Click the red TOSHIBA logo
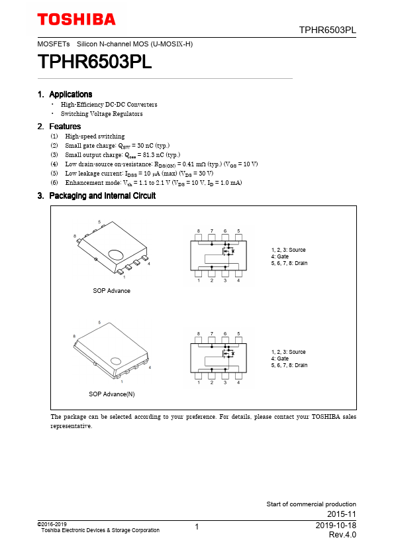pyautogui.click(x=76, y=19)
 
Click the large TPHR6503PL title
pyautogui.click(x=95, y=62)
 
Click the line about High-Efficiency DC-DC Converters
pyautogui.click(x=109, y=104)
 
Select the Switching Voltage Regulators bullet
pyautogui.click(x=102, y=113)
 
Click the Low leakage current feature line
pyautogui.click(x=139, y=174)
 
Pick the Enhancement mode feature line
pyautogui.click(x=153, y=182)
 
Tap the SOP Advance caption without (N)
pyautogui.click(x=112, y=291)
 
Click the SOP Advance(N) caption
pyautogui.click(x=112, y=394)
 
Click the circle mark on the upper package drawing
pyautogui.click(x=116, y=254)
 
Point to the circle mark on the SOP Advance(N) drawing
pyautogui.click(x=116, y=361)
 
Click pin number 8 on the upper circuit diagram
pyautogui.click(x=199, y=231)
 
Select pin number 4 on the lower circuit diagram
pyautogui.click(x=238, y=382)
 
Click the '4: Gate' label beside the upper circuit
pyautogui.click(x=280, y=256)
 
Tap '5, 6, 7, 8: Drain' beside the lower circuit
pyautogui.click(x=289, y=365)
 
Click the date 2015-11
pyautogui.click(x=342, y=514)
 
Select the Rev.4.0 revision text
pyautogui.click(x=342, y=535)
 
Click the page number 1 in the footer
pyautogui.click(x=197, y=527)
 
